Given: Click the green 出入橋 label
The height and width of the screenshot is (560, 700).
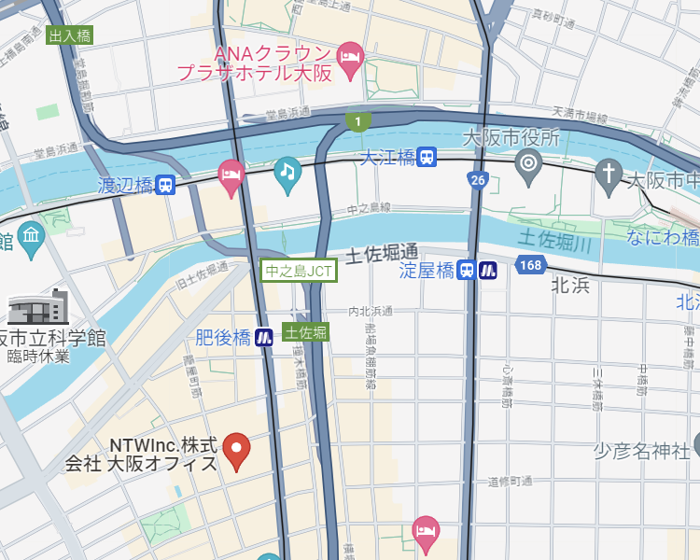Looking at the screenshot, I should click(x=70, y=36).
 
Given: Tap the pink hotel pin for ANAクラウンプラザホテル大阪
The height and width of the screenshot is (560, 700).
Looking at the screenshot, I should click(x=350, y=55).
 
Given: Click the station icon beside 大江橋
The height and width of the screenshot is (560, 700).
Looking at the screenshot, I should click(x=427, y=158).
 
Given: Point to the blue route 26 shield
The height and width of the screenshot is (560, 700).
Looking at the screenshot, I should click(x=478, y=179).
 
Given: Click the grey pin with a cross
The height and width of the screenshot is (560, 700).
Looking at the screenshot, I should click(x=609, y=174).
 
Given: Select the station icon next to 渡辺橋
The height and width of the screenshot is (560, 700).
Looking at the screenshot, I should click(x=165, y=185).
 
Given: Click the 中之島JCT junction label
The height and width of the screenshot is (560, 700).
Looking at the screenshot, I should click(x=299, y=272).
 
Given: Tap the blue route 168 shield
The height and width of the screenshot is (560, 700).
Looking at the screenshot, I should click(x=530, y=266).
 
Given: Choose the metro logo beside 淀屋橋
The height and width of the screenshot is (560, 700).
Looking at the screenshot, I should click(x=488, y=271).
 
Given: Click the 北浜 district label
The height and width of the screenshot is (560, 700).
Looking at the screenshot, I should click(x=570, y=286).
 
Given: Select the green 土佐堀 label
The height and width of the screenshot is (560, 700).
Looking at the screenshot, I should click(x=306, y=332).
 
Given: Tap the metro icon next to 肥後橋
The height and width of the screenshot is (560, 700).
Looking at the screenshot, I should click(x=265, y=337).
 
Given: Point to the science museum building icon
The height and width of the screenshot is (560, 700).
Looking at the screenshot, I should click(x=38, y=307).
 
